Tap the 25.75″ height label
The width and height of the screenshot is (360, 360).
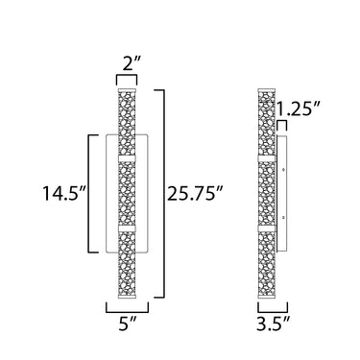pyautogui.click(x=195, y=193)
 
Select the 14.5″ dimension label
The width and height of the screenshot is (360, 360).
pyautogui.click(x=65, y=193)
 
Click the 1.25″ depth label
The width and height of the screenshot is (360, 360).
pyautogui.click(x=299, y=108)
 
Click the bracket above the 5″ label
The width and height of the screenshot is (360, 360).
pyautogui.click(x=128, y=307)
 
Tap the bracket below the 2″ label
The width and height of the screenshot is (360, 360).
pyautogui.click(x=127, y=80)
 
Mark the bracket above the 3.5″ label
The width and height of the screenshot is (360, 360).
pyautogui.click(x=273, y=307)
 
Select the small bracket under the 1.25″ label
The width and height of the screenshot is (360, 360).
pyautogui.click(x=282, y=126)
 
